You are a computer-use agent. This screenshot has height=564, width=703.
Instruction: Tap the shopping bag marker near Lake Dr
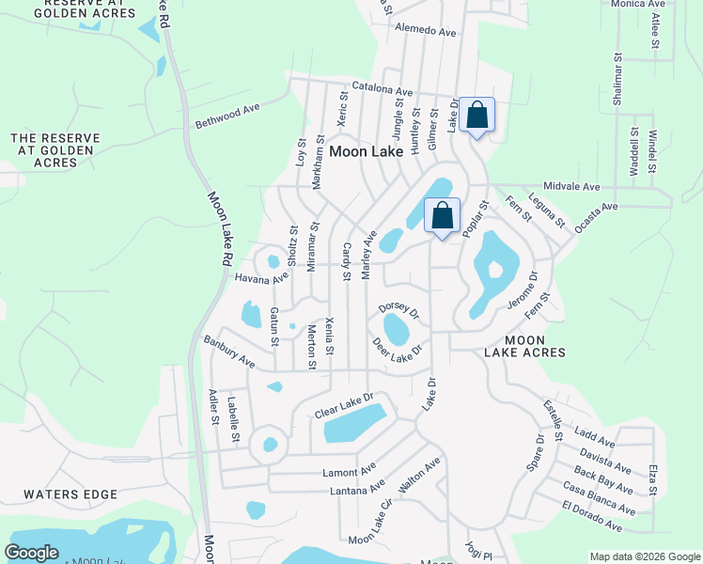(x=477, y=117)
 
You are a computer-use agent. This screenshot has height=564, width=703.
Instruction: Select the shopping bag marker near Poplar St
(x=442, y=217)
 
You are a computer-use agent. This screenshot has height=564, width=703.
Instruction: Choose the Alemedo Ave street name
(x=426, y=31)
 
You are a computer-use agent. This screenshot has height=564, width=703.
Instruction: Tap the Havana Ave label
(x=262, y=278)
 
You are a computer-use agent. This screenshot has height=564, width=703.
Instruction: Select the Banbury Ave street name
(x=228, y=350)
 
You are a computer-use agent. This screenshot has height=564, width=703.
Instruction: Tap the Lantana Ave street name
(x=357, y=489)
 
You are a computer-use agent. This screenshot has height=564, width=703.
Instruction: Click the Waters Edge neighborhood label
(x=70, y=494)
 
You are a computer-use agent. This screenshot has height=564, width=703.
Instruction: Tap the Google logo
(x=31, y=553)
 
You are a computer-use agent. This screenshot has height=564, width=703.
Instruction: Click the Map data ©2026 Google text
(x=644, y=556)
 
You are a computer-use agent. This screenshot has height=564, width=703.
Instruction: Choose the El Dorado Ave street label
(x=599, y=517)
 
